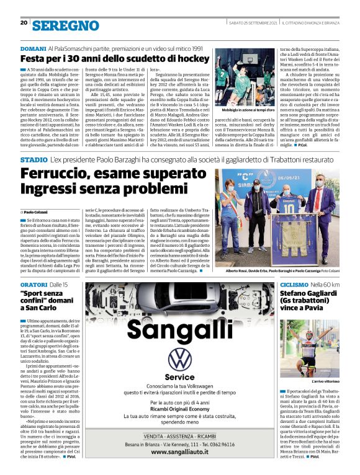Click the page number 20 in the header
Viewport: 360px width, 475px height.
tap(24, 23)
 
